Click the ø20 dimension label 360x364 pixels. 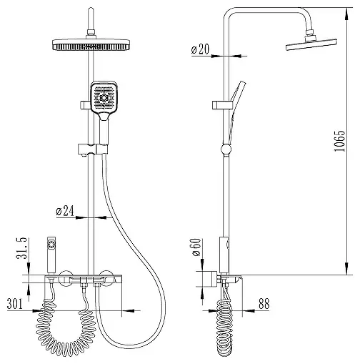pos(200,49)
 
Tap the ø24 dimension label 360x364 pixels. pos(65,211)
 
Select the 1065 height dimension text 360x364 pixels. pos(339,141)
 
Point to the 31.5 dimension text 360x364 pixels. pos(22,248)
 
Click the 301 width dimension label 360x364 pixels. pos(15,304)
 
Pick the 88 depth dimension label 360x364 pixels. pos(264,304)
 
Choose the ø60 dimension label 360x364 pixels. pos(197,247)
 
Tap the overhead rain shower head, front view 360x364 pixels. pos(91,44)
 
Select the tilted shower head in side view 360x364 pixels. pos(311,44)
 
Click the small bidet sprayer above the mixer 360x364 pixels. pos(51,255)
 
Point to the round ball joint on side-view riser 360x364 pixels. pos(226,149)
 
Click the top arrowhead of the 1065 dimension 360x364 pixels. pos(347,11)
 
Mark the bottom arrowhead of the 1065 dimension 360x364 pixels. pos(347,270)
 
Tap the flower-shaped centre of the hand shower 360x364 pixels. pos(104,97)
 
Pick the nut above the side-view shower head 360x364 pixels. pos(309,32)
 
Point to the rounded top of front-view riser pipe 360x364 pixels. pos(91,9)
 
